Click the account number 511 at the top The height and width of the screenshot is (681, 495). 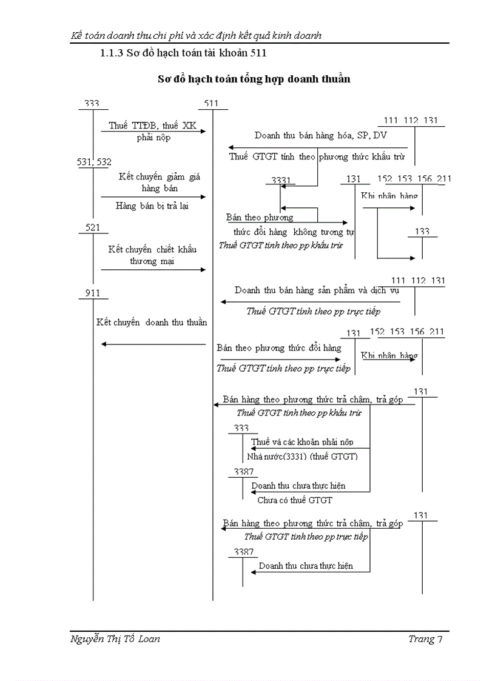[x=211, y=104]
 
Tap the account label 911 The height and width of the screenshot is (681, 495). [x=93, y=294]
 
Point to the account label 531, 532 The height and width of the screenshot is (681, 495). [x=94, y=162]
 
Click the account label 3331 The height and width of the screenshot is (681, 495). [x=281, y=179]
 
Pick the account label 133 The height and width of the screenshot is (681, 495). [x=422, y=232]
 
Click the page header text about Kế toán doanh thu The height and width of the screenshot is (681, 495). [x=196, y=35]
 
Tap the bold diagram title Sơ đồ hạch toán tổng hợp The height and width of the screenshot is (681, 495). [x=254, y=79]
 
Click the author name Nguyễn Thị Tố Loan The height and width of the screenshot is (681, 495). [x=116, y=639]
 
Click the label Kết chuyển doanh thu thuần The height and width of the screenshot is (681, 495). [x=152, y=322]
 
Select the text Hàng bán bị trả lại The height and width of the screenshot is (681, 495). [x=152, y=206]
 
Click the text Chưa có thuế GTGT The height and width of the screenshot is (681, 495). [x=295, y=500]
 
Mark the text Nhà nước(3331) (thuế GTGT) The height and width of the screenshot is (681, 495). [x=302, y=456]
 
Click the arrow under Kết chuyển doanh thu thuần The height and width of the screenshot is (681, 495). [x=153, y=344]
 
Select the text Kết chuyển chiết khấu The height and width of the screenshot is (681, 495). [x=152, y=249]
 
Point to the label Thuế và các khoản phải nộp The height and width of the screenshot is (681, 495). [x=302, y=441]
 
